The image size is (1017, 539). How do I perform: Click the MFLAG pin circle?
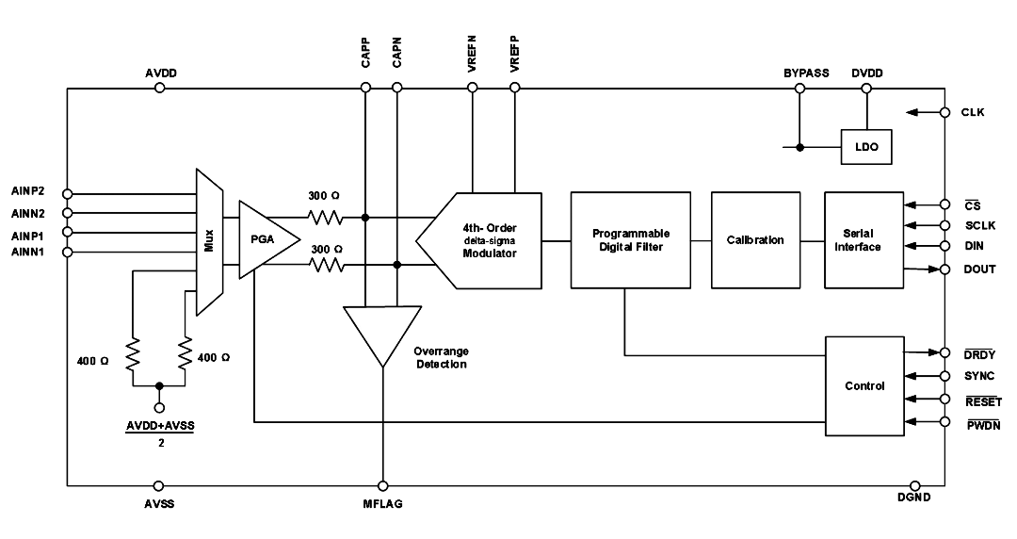click(x=382, y=485)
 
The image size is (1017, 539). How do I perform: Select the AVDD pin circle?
click(x=159, y=88)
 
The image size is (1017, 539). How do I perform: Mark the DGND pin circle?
click(x=915, y=485)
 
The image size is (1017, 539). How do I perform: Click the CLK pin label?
click(x=972, y=112)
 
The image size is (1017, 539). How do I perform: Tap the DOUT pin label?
click(x=979, y=269)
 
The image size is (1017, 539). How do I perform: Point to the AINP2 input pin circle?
click(x=67, y=193)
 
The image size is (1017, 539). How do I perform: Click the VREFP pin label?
click(x=515, y=54)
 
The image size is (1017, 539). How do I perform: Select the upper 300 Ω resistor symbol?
click(x=326, y=218)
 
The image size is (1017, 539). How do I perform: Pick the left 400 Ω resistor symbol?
click(x=133, y=354)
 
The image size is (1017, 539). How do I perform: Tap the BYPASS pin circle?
click(x=800, y=88)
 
